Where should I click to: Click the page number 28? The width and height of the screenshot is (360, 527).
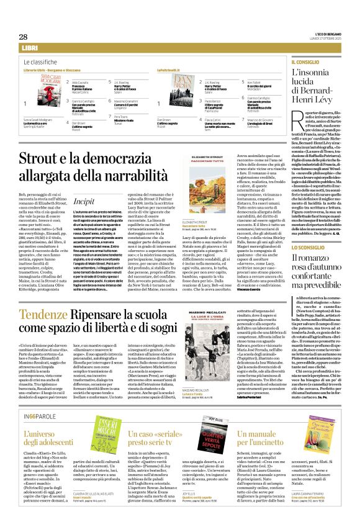pyautogui.click(x=23, y=37)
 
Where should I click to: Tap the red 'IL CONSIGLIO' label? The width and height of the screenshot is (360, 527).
pyautogui.click(x=305, y=63)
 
